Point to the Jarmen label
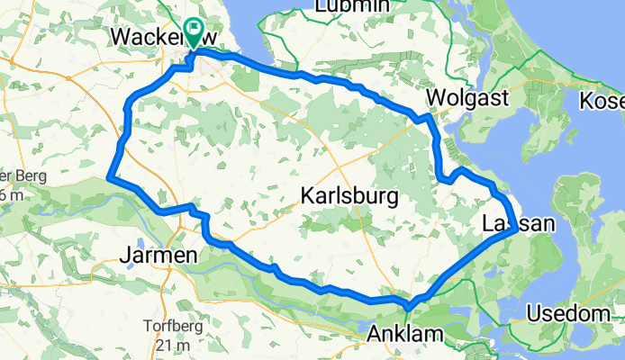[x=159, y=257]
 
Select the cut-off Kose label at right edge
[x=602, y=101]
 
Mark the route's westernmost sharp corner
[x=109, y=177]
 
